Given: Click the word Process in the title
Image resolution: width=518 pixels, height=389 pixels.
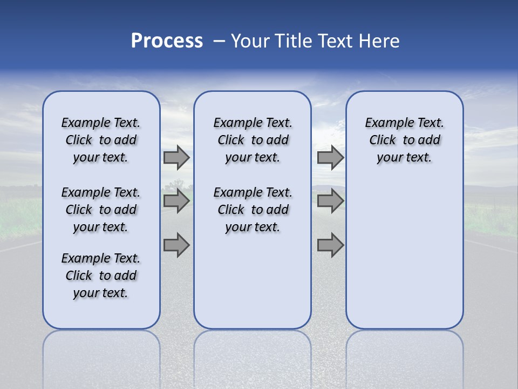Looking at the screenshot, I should [167, 41].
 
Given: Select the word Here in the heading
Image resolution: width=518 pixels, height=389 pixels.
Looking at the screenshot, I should [380, 41].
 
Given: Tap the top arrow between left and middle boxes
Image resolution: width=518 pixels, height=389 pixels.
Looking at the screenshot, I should [176, 157].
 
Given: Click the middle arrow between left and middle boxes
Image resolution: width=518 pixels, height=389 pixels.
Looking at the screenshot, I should [176, 201].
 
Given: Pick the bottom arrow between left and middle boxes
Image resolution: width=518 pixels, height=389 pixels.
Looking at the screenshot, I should [176, 246].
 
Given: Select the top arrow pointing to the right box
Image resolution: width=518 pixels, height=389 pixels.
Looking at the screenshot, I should [330, 157].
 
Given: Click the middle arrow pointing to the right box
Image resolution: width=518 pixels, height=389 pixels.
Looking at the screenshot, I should [330, 201].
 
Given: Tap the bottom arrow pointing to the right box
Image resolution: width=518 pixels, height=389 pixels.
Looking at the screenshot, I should [330, 246].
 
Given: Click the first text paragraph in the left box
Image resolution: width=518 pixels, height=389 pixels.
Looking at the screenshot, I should [101, 140].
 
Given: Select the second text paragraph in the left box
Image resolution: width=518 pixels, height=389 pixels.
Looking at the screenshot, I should [101, 210].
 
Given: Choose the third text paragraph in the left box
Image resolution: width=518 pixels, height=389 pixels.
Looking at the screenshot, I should [101, 276].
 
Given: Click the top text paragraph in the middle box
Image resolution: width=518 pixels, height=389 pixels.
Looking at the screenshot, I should [253, 140].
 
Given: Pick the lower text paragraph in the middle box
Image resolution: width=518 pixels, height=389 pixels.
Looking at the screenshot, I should [253, 210].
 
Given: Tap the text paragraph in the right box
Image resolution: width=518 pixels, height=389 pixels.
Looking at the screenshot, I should [405, 140].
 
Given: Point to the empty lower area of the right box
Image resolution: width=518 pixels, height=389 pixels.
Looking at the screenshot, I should [405, 254].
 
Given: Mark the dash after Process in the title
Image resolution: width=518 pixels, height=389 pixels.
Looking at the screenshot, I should [219, 41].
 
